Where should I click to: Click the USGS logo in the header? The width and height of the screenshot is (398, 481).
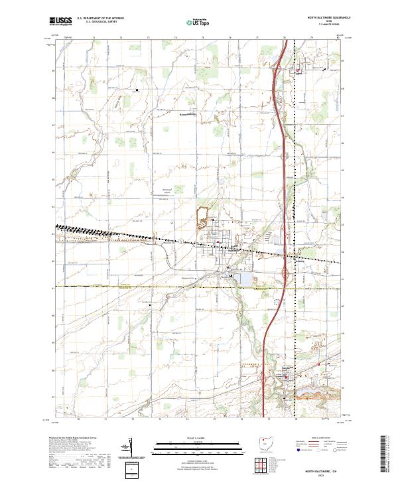point(61,21)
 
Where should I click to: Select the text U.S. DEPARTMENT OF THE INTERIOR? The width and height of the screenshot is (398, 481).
point(100,19)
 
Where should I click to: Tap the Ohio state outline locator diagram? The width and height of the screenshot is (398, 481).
point(267,444)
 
